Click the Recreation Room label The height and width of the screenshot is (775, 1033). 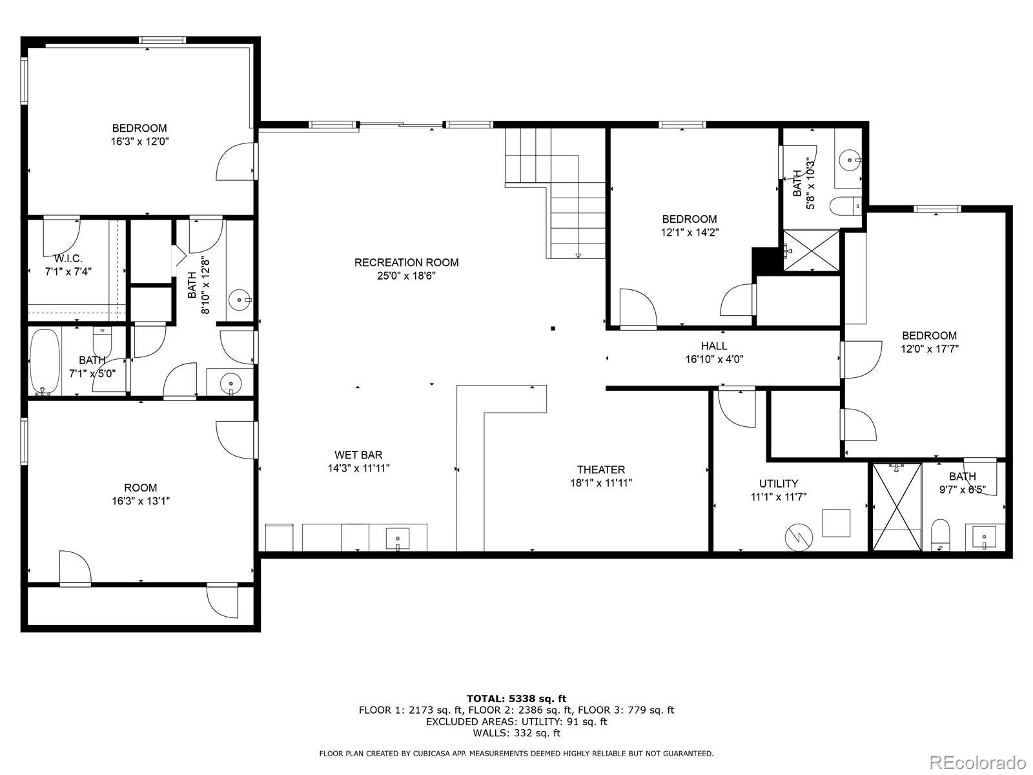[x=406, y=262]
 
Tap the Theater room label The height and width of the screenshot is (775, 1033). [x=600, y=470]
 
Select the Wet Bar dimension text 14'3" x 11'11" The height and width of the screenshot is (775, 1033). [x=358, y=468]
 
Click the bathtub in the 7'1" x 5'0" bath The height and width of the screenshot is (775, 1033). [x=45, y=362]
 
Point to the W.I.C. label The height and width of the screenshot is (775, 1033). [x=68, y=258]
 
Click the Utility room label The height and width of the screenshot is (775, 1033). [x=778, y=483]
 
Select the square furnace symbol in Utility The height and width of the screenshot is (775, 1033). [x=836, y=522]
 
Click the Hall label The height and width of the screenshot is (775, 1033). [x=714, y=346]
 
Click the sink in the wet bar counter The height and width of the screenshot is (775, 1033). [x=397, y=538]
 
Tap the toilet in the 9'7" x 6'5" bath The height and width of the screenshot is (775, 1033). [x=941, y=535]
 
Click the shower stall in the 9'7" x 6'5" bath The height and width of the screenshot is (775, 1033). [x=896, y=507]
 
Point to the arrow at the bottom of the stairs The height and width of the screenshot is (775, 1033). [x=578, y=255]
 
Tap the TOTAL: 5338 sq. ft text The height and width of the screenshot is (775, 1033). [x=516, y=698]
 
